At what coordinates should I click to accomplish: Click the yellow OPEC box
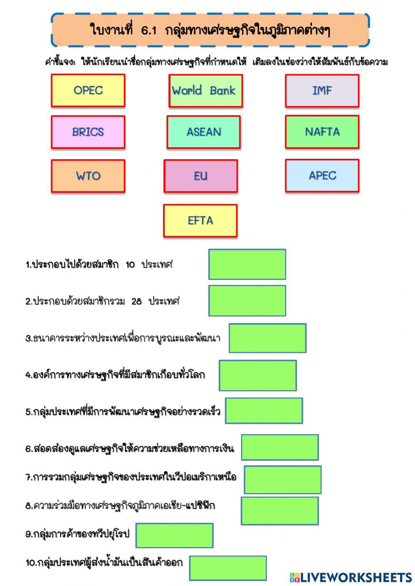88,90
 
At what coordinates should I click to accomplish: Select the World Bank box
205,91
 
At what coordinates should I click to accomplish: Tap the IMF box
322,91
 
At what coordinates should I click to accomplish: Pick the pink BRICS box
88,132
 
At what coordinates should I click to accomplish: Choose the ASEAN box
204,132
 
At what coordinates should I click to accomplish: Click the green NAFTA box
322,132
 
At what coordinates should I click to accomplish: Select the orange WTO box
88,176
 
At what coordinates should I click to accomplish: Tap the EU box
201,176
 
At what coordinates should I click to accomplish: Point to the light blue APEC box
322,175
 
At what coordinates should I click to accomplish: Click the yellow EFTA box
200,221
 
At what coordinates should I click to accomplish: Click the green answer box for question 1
247,264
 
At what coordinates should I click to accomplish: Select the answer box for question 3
268,338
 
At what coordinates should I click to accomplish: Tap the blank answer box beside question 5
264,411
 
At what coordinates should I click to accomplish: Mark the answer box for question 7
283,480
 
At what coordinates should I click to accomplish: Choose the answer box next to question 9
174,535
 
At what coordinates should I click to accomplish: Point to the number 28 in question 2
137,302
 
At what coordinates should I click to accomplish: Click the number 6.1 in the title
149,30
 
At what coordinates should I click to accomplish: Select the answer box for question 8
280,511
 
